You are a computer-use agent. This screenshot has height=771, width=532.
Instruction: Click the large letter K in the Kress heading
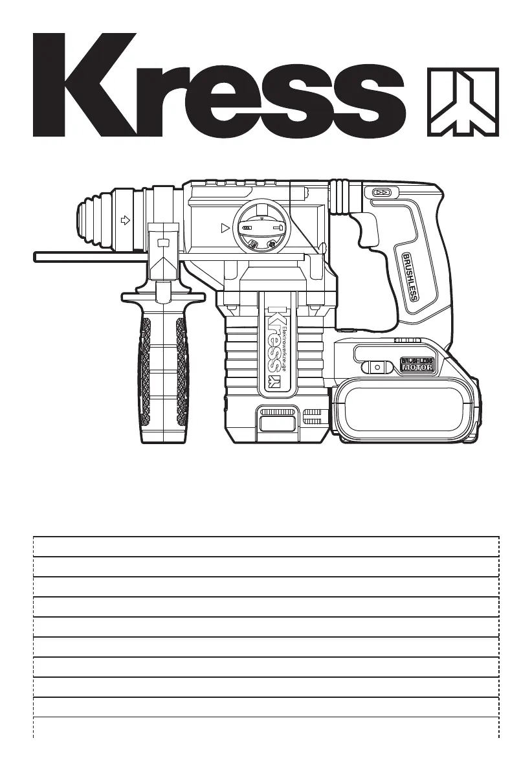(83, 85)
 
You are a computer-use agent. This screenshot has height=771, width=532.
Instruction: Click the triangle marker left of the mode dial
(225, 228)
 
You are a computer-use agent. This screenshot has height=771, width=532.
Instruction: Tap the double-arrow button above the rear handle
(381, 192)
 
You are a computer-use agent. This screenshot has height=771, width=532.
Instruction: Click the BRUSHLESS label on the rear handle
(411, 276)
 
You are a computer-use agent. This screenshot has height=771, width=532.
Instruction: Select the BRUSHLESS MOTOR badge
(417, 364)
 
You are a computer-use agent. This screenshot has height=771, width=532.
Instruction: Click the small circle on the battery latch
(377, 366)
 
